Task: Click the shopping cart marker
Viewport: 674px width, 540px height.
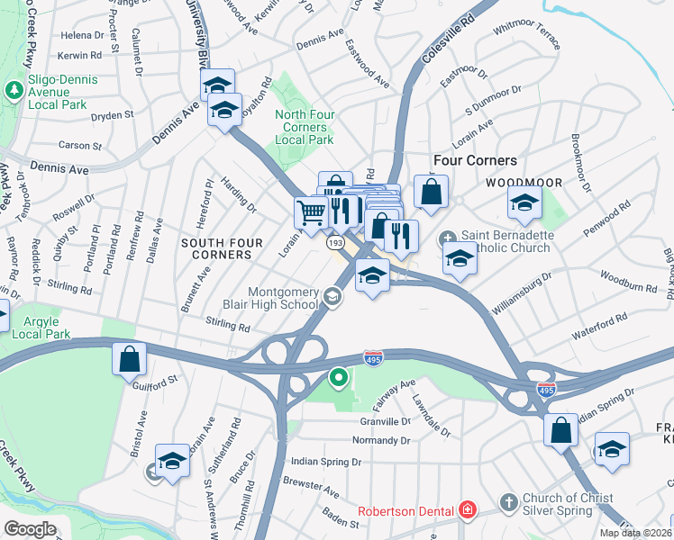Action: [312, 213]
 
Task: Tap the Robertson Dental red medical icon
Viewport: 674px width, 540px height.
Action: [467, 510]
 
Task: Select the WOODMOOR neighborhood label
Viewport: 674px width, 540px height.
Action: [524, 183]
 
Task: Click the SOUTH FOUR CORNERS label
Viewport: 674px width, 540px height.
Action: [222, 249]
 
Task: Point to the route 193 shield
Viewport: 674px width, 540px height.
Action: [335, 243]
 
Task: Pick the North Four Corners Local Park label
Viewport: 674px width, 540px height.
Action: [305, 127]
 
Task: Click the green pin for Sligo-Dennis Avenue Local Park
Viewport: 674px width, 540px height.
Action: [14, 90]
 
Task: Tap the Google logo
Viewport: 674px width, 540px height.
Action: [30, 529]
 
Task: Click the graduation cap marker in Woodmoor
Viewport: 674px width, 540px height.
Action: [524, 204]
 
